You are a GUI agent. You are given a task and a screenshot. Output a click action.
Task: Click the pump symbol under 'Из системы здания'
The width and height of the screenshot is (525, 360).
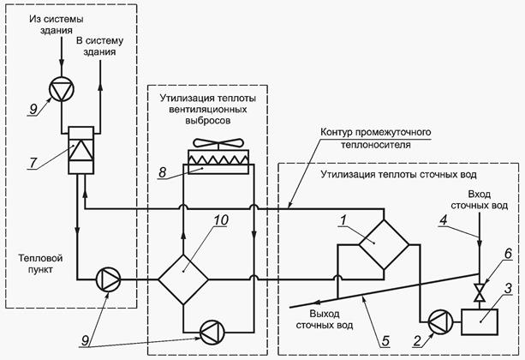[61, 89]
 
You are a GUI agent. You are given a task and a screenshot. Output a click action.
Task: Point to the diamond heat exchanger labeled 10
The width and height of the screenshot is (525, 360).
[184, 278]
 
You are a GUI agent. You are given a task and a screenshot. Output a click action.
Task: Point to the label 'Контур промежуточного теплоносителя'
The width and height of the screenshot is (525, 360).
[373, 139]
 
